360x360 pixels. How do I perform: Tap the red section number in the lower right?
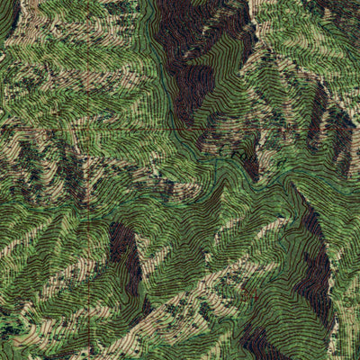coord(255,294)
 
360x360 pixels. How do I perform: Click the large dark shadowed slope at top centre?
coord(184,54)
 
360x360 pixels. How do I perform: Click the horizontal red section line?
coord(81,128)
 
